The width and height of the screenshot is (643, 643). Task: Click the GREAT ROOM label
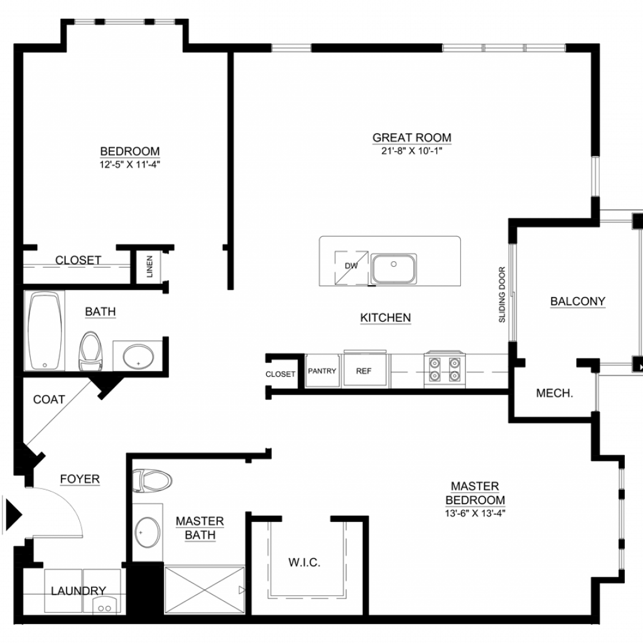412,138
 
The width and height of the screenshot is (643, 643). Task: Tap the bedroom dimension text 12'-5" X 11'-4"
129,165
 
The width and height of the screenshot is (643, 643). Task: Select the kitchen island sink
394,268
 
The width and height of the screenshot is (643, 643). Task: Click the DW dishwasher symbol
351,267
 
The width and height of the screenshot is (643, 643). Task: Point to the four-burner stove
445,369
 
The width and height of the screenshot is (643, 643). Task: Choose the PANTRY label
322,371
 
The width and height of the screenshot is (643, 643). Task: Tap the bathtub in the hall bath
45,330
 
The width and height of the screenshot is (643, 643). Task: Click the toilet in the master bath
152,480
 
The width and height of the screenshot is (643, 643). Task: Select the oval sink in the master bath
148,532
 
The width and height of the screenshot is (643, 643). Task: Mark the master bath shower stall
204,590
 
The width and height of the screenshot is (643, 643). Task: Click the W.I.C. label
305,563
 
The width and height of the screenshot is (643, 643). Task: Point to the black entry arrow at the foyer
14,514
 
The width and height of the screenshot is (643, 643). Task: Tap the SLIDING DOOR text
502,294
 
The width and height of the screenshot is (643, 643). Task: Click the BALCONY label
578,301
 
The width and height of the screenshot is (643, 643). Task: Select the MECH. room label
554,394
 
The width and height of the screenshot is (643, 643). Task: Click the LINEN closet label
149,266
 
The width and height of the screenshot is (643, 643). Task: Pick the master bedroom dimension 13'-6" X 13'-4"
475,514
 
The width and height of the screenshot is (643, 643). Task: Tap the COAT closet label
49,399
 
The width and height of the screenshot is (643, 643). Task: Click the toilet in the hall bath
90,350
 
